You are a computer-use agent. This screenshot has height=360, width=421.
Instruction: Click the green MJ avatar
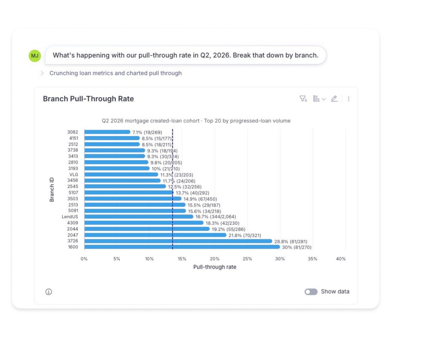[x=35, y=56]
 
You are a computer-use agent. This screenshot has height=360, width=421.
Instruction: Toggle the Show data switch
[x=311, y=292]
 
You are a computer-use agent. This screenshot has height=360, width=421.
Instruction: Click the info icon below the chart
[x=48, y=292]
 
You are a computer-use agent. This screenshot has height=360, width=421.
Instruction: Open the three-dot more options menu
[x=348, y=99]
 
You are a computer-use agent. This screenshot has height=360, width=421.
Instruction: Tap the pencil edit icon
[x=334, y=99]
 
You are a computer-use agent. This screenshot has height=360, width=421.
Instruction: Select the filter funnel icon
[x=303, y=99]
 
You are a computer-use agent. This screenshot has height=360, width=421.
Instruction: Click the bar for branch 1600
[x=182, y=247]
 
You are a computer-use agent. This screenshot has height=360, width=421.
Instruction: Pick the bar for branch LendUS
[x=139, y=217]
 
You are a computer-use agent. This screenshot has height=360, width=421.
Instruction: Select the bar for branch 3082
[x=108, y=132]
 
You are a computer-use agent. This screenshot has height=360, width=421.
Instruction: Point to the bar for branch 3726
[x=178, y=241]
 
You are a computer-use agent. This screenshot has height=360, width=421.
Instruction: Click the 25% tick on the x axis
[x=247, y=259]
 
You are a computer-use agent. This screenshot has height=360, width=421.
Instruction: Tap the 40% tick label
[x=341, y=259]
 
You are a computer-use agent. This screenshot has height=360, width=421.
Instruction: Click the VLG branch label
[x=74, y=175]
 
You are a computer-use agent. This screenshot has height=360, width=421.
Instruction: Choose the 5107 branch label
[x=73, y=193]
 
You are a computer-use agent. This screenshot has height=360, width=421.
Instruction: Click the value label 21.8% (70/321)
[x=245, y=235]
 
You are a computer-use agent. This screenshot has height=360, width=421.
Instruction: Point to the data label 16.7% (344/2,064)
[x=216, y=217]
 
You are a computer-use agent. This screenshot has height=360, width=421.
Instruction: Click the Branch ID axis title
[x=52, y=189]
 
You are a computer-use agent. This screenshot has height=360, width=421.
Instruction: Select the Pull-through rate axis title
[x=215, y=267]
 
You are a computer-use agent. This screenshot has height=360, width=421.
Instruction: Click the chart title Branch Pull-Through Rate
[x=88, y=99]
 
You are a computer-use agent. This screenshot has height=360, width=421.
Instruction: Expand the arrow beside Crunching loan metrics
[x=42, y=73]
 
